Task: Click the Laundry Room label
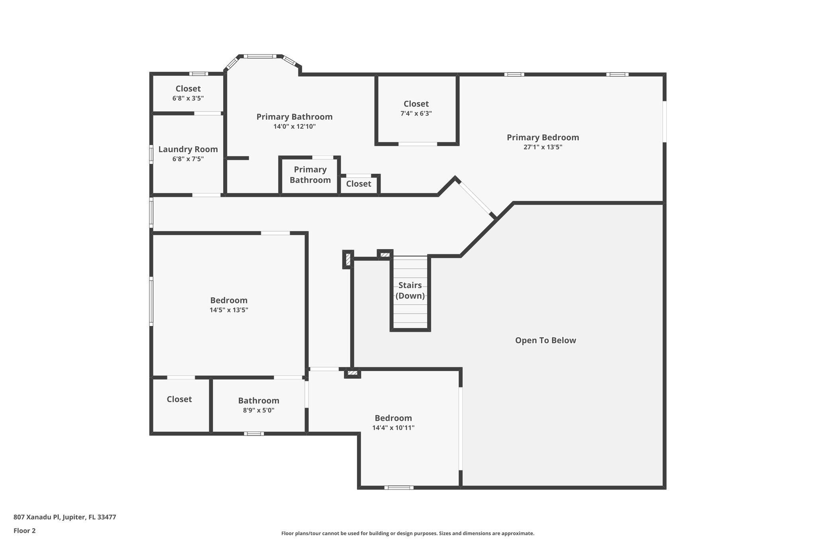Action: pos(188,149)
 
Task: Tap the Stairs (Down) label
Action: pos(410,291)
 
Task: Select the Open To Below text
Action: pos(545,340)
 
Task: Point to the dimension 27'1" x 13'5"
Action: pos(543,147)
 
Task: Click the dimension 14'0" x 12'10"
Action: pos(294,127)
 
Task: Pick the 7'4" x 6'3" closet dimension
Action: pos(416,114)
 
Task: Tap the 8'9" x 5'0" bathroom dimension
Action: pos(259,410)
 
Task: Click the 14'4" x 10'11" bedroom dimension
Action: pos(393,428)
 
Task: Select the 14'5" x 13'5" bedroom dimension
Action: pos(229,310)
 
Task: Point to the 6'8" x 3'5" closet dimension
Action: pos(188,98)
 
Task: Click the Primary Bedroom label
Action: pos(543,137)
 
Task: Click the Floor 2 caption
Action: pos(25,531)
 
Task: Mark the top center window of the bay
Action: pos(260,57)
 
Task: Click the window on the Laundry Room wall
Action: pos(151,154)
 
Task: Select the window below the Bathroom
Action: pos(254,434)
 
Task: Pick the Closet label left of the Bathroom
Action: pos(179,399)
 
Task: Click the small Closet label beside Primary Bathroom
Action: pos(359,184)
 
